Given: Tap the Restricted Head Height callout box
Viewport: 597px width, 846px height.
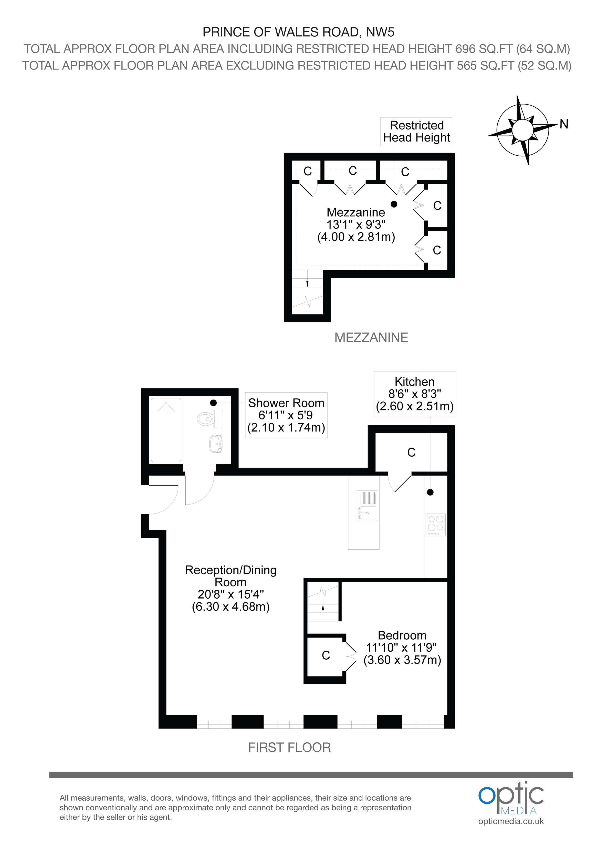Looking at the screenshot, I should [x=416, y=132].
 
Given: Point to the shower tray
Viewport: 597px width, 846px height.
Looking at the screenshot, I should [x=166, y=430].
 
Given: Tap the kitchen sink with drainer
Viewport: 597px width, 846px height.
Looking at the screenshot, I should [x=367, y=505].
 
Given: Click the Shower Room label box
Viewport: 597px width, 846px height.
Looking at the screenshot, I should [x=286, y=415].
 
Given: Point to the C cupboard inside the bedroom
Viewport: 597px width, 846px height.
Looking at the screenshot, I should [x=326, y=655].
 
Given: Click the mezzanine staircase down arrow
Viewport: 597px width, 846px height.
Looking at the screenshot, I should [x=307, y=283].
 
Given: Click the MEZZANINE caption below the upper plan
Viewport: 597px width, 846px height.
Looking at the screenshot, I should [x=371, y=338].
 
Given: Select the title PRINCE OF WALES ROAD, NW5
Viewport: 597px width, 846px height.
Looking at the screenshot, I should [x=299, y=32].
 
